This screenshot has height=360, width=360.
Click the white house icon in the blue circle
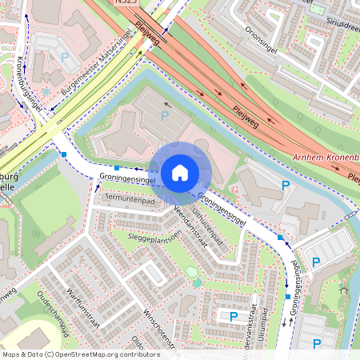180,172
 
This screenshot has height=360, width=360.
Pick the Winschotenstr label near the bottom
159,327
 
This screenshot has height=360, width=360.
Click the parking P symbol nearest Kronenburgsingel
64,57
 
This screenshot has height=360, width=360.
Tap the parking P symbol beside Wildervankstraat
234,317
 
